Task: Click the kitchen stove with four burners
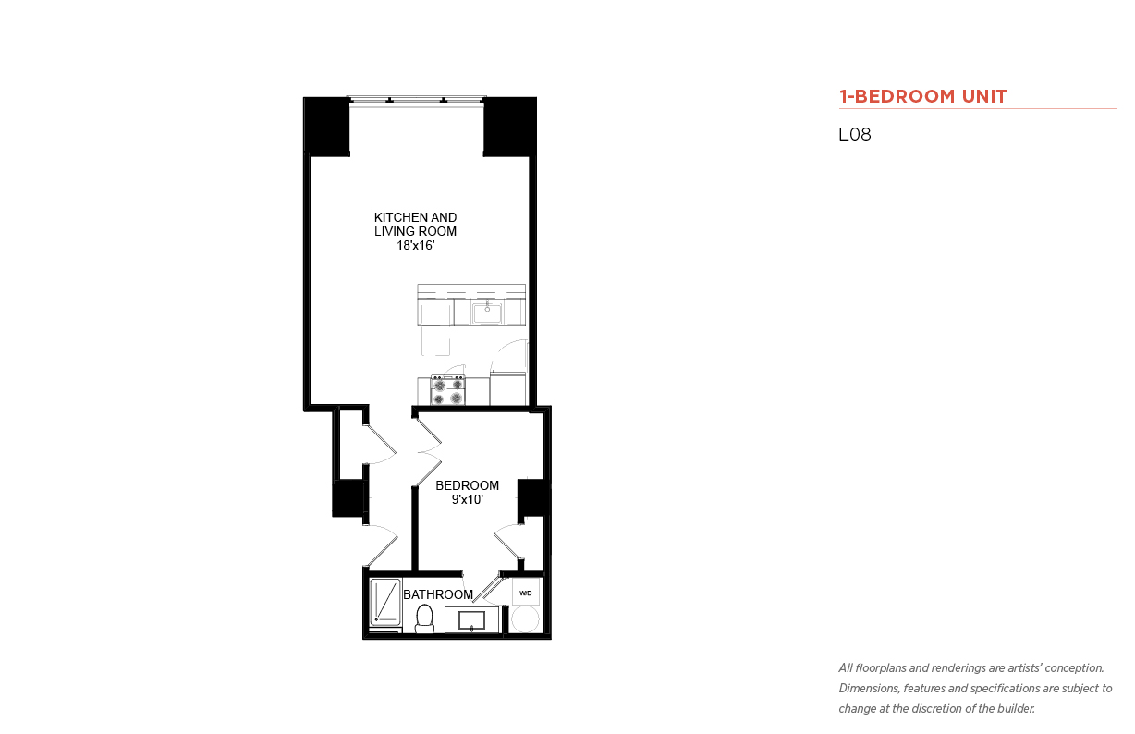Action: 448,390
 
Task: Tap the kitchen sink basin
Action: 487,312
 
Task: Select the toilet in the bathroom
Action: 424,619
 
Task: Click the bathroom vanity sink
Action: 471,620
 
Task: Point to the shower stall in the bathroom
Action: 385,602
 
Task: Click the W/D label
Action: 525,593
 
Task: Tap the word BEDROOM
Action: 467,485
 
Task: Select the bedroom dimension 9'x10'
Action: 467,500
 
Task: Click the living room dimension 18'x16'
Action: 416,245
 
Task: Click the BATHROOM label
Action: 438,594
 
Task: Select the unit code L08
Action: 855,134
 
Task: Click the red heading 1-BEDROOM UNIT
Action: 922,96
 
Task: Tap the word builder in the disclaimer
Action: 1016,709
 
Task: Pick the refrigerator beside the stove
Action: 507,388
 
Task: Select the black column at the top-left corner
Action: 327,127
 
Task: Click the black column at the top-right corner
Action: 509,127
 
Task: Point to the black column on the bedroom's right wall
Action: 534,497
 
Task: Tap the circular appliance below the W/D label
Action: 525,619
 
